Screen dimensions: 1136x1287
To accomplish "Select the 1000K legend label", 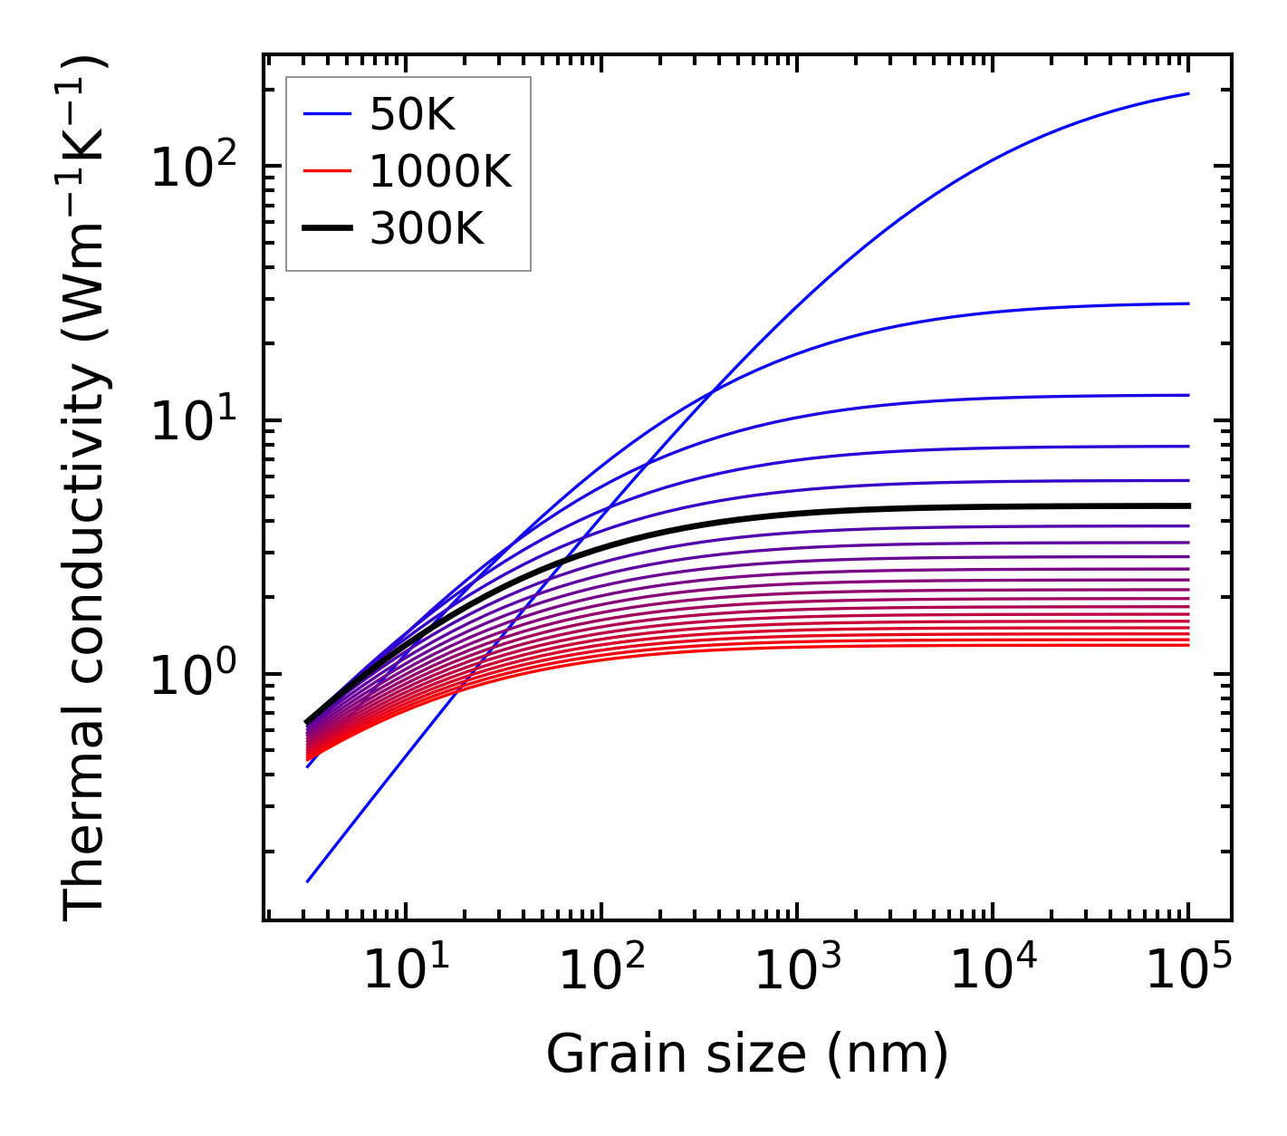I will (440, 171).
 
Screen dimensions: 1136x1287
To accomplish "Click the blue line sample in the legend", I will (327, 114).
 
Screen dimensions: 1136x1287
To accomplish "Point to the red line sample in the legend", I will (327, 171).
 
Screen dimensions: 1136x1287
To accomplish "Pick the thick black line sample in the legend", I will (327, 229).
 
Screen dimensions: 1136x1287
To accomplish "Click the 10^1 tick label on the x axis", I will (405, 971).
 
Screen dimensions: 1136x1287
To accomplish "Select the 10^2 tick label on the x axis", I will (600, 971).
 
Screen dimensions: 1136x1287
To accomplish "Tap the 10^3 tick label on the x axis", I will (796, 971).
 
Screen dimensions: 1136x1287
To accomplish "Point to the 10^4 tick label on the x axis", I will (992, 971).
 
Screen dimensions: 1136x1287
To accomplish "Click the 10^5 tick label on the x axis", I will (1187, 971).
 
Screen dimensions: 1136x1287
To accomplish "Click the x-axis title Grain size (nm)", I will (747, 1054).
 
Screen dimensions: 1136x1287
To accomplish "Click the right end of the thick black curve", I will (1187, 505).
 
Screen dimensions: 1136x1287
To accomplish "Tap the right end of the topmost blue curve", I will (1187, 93).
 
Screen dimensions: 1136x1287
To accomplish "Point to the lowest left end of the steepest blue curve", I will (308, 881).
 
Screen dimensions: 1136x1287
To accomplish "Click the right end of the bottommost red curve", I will (1187, 644).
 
